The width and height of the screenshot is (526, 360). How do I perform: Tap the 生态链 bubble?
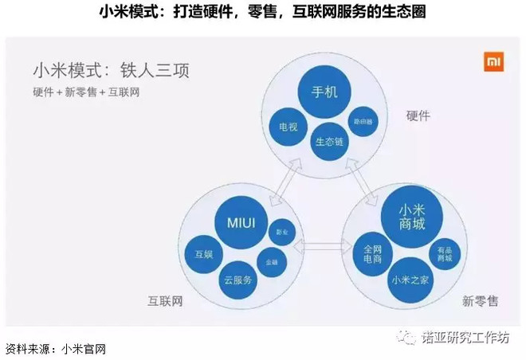(329, 141)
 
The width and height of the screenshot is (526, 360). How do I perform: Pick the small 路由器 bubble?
(363, 120)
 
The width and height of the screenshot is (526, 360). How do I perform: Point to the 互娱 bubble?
(204, 254)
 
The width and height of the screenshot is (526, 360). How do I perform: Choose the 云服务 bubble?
(237, 280)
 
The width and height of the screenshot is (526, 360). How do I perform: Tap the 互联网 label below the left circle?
(165, 302)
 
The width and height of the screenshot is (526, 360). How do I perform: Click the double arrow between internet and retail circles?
(320, 248)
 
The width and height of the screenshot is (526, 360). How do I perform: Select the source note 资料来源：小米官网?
(56, 349)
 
